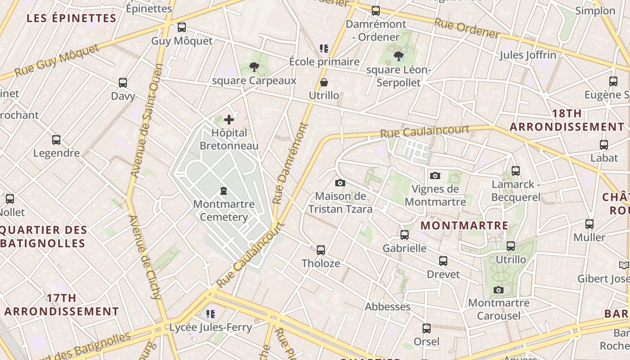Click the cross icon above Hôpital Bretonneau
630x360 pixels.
click(x=229, y=120)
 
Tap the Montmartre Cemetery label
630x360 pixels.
click(x=224, y=211)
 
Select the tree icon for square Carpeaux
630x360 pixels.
click(x=254, y=67)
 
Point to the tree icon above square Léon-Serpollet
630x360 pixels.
click(x=398, y=56)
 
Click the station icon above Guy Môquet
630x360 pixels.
click(x=182, y=27)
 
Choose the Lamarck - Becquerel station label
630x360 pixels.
click(x=516, y=191)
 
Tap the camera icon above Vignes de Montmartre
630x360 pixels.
click(x=435, y=176)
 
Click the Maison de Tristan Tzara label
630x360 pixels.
click(x=340, y=202)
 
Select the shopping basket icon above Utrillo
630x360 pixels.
click(x=324, y=82)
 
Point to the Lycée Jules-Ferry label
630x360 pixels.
click(x=210, y=328)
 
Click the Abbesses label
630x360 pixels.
click(x=387, y=307)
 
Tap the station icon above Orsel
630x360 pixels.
click(x=426, y=328)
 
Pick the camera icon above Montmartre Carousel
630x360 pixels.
click(x=498, y=290)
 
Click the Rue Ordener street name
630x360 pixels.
click(x=467, y=29)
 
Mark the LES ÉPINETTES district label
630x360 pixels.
click(x=72, y=18)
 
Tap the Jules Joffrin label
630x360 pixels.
click(x=528, y=55)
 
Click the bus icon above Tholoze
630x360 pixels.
click(x=321, y=250)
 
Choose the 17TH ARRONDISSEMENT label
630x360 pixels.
click(x=62, y=305)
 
